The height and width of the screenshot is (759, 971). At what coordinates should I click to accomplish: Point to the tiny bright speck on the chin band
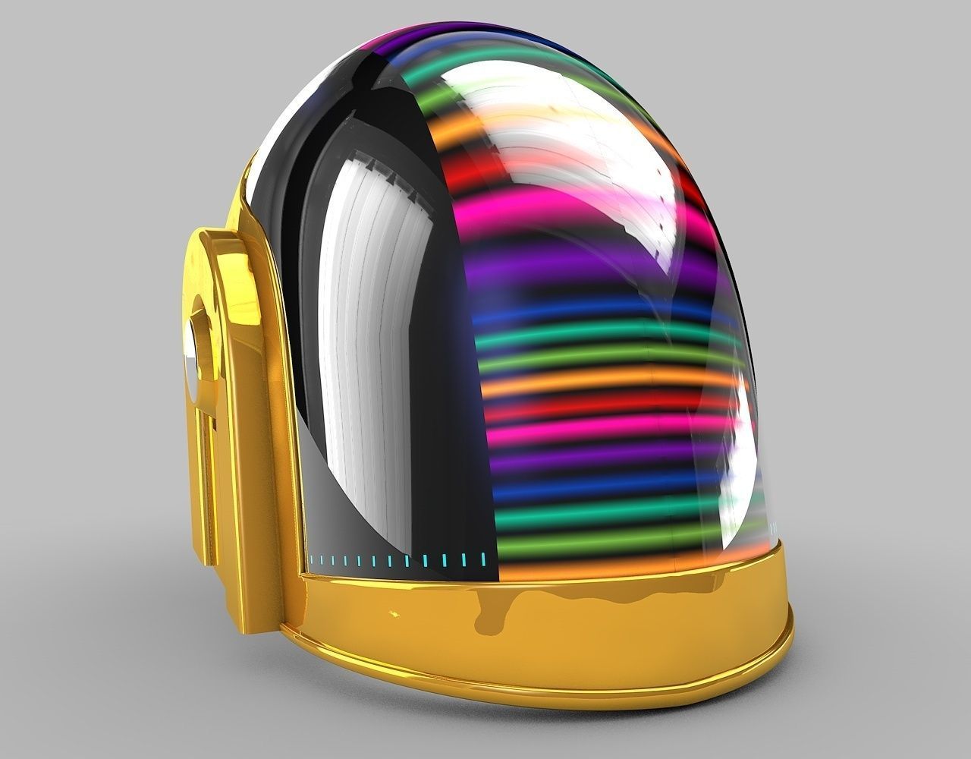394,612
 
